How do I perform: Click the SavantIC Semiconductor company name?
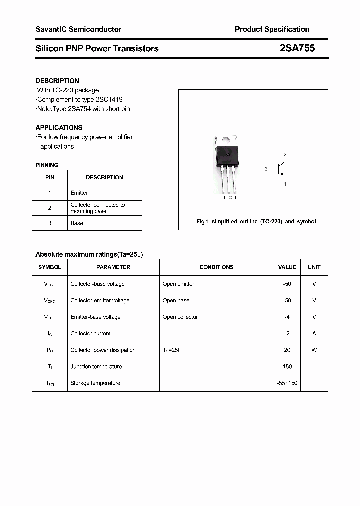(x=78, y=29)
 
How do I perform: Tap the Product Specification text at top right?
(x=272, y=29)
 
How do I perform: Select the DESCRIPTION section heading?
(x=57, y=81)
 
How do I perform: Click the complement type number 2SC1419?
(x=106, y=99)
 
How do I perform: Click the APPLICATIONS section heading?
(x=59, y=127)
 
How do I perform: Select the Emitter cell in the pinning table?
(x=79, y=193)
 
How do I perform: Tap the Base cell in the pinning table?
(x=77, y=223)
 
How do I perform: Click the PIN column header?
(x=50, y=177)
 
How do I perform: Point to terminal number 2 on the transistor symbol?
(x=285, y=155)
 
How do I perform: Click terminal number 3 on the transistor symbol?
(x=267, y=169)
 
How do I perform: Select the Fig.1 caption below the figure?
(x=256, y=221)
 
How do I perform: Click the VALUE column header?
(x=287, y=267)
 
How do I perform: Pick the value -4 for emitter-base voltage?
(x=287, y=317)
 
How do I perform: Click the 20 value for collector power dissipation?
(x=287, y=350)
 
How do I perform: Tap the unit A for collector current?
(x=314, y=333)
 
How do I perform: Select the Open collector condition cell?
(x=180, y=317)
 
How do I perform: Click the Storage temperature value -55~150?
(x=287, y=383)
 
